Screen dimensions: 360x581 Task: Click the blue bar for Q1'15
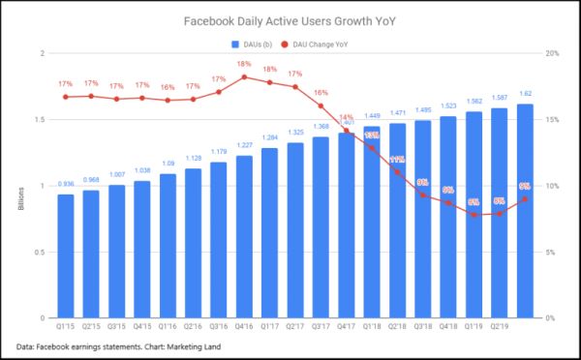coord(65,256)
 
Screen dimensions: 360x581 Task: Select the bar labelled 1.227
coord(244,237)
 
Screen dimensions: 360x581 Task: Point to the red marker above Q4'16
coord(244,77)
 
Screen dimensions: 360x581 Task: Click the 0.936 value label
coord(65,184)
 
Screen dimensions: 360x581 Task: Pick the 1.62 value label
coord(524,94)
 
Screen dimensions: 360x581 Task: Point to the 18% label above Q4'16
coord(244,64)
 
